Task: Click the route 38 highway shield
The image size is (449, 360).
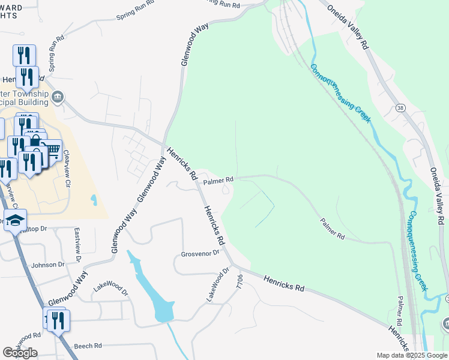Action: [400, 107]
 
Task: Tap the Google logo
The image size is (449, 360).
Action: [20, 352]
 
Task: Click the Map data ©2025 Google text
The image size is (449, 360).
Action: [411, 355]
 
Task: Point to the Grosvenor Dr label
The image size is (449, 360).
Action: [200, 254]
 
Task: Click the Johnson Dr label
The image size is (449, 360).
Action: [48, 265]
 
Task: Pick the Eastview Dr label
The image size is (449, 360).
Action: [77, 244]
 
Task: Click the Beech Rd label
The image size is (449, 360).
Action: [88, 346]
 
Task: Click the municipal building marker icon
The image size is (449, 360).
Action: [58, 97]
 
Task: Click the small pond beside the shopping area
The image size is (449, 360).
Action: [92, 200]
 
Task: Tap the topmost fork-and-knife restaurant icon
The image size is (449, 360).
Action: [24, 55]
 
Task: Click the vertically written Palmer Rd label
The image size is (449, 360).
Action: [399, 310]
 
